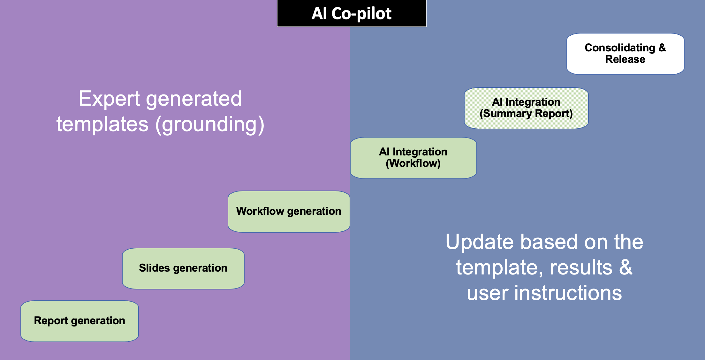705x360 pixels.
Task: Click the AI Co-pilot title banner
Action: pyautogui.click(x=352, y=13)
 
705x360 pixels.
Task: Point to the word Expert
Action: pyautogui.click(x=109, y=99)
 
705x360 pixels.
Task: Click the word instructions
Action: pyautogui.click(x=568, y=293)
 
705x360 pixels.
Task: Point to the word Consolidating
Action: pyautogui.click(x=620, y=48)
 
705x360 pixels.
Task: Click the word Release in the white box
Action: pyautogui.click(x=625, y=59)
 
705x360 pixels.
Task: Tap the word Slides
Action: pyautogui.click(x=154, y=268)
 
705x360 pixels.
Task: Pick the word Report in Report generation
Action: pyautogui.click(x=51, y=321)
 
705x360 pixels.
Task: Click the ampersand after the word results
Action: pyautogui.click(x=626, y=267)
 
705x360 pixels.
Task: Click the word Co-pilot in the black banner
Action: pyautogui.click(x=361, y=14)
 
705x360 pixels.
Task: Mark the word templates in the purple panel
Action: pyautogui.click(x=102, y=124)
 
